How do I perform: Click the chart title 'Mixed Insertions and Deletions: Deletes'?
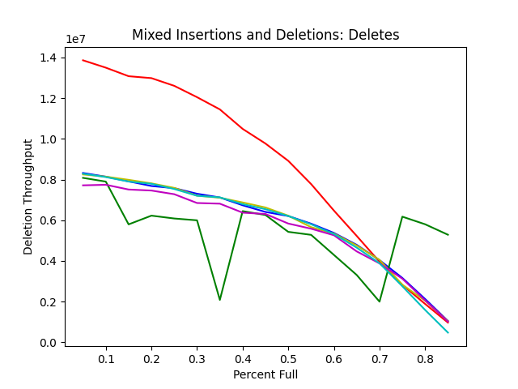coord(265,35)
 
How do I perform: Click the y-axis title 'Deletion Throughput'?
coord(28,197)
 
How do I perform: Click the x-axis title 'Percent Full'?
coord(265,374)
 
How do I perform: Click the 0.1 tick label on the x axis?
coord(106,358)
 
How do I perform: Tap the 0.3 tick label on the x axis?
coord(197,358)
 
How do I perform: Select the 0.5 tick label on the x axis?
coord(288,358)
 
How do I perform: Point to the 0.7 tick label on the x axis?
coord(380,358)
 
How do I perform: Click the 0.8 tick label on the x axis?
coord(425,358)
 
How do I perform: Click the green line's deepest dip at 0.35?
coord(220,300)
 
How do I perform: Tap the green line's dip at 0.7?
coord(380,301)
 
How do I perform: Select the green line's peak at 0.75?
coord(402,216)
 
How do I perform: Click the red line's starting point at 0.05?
coord(83,60)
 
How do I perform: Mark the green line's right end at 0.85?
coord(448,235)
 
